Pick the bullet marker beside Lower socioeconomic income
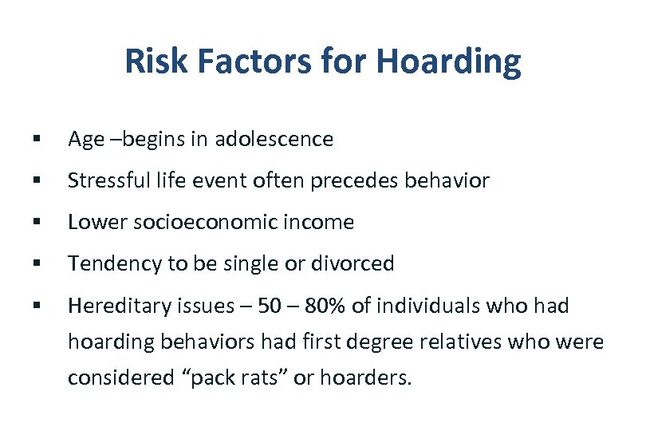point(37,223)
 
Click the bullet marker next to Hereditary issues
point(37,306)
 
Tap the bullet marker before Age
point(37,140)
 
